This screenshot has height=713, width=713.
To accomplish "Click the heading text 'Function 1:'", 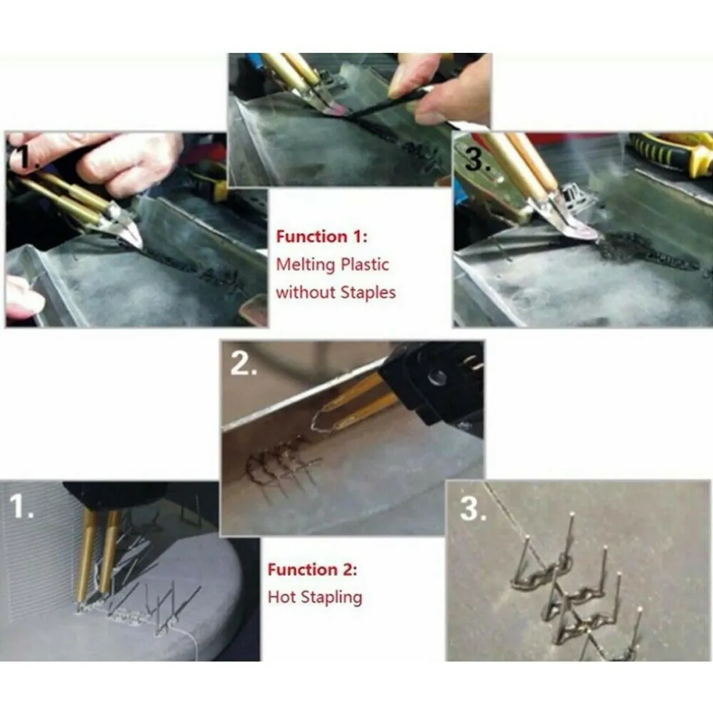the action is pyautogui.click(x=322, y=237).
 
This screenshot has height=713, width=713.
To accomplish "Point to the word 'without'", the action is pyautogui.click(x=305, y=292).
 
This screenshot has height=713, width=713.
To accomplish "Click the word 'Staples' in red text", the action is pyautogui.click(x=368, y=293).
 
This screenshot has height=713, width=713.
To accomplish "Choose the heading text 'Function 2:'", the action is pyautogui.click(x=313, y=570).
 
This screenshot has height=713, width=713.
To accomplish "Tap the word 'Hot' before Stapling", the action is pyautogui.click(x=282, y=597).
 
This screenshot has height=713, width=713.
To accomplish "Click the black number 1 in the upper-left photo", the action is pyautogui.click(x=20, y=157).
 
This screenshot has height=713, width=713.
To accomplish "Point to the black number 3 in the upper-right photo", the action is pyautogui.click(x=475, y=159).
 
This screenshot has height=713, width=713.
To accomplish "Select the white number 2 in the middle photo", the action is pyautogui.click(x=244, y=364).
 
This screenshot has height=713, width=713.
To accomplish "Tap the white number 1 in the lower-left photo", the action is pyautogui.click(x=21, y=506).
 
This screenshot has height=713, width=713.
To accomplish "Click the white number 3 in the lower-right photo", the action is pyautogui.click(x=472, y=508).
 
